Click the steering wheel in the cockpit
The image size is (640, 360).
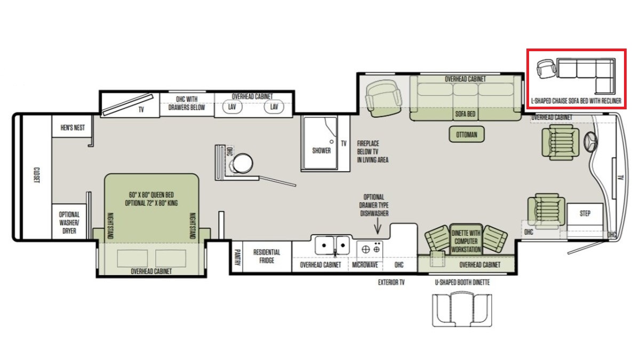tap(590, 142)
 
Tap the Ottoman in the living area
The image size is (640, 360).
tap(467, 134)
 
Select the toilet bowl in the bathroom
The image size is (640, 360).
tap(243, 164)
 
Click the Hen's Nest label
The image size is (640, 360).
tap(73, 127)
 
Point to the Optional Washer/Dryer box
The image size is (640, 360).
tap(69, 221)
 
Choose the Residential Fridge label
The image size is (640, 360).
tap(267, 257)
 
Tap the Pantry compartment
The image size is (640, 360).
tap(237, 257)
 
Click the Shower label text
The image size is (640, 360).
tap(322, 150)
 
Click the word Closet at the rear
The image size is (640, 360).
tap(37, 175)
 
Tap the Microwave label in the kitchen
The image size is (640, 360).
tap(365, 265)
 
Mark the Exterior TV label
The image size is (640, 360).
tap(391, 283)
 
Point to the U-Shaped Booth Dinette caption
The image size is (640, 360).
tap(462, 283)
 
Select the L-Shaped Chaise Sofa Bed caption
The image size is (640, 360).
tap(576, 101)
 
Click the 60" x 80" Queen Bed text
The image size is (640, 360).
tap(151, 195)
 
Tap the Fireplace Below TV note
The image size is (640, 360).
tap(373, 151)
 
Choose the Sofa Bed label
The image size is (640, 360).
tap(465, 114)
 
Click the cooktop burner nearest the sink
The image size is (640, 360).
tap(366, 250)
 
